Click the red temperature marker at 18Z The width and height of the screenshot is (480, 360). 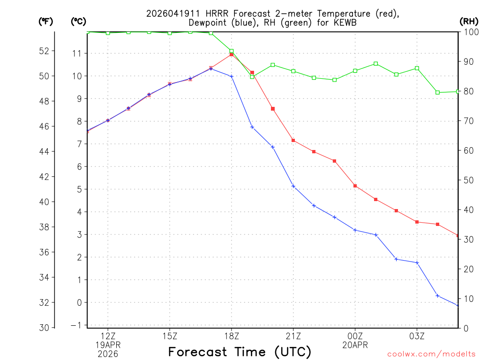tap(232, 54)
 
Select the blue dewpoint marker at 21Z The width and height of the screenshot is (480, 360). tap(293, 186)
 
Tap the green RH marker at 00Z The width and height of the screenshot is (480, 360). tap(355, 71)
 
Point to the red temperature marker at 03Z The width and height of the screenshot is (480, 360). tap(417, 222)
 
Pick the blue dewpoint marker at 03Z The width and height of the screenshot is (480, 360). tap(417, 262)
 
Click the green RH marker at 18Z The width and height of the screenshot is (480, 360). tap(232, 51)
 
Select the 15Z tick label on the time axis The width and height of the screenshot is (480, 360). tap(170, 336)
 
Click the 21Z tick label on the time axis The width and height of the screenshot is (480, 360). tap(293, 336)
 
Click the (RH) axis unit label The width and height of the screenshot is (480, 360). tap(469, 21)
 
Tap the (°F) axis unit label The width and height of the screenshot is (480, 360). tap(45, 21)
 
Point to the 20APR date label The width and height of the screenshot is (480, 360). tap(355, 345)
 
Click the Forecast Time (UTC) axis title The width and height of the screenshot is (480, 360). tap(240, 352)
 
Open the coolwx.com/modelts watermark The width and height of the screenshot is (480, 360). tap(431, 354)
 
